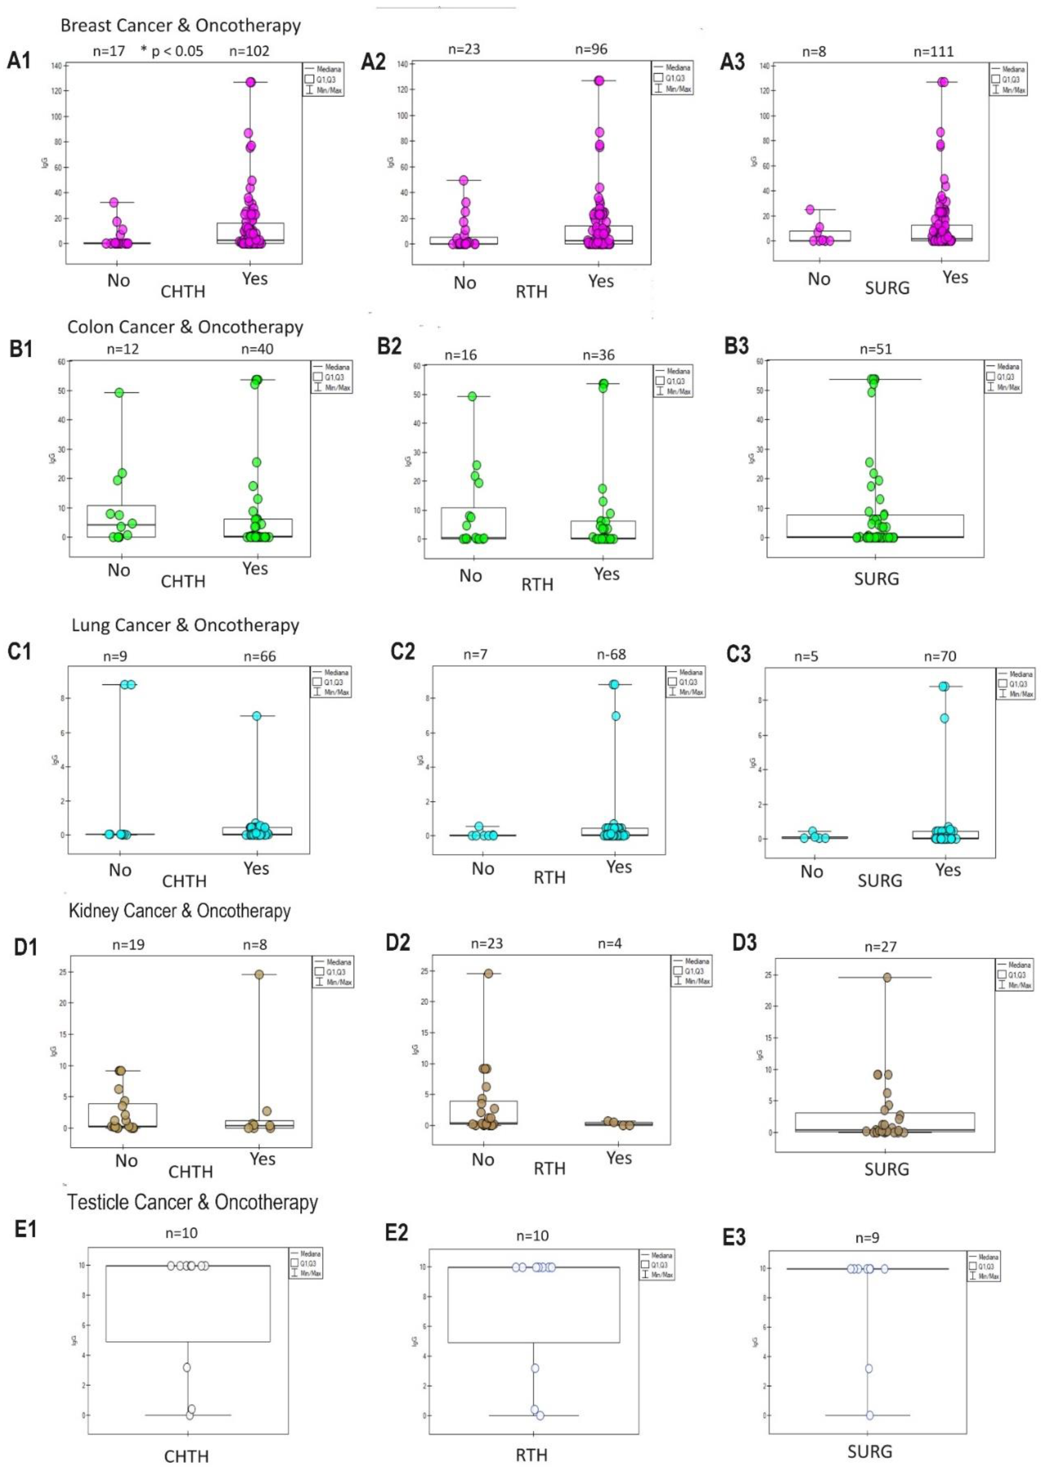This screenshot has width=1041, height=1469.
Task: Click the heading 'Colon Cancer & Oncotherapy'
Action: [x=185, y=327]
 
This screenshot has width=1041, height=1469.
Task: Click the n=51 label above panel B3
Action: [x=876, y=349]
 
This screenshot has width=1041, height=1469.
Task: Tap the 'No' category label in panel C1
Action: [x=120, y=870]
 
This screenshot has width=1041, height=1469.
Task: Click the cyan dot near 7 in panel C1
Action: [x=256, y=716]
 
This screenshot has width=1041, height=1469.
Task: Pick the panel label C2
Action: [x=403, y=652]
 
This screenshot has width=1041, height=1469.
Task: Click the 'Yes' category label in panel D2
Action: [x=619, y=1157]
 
